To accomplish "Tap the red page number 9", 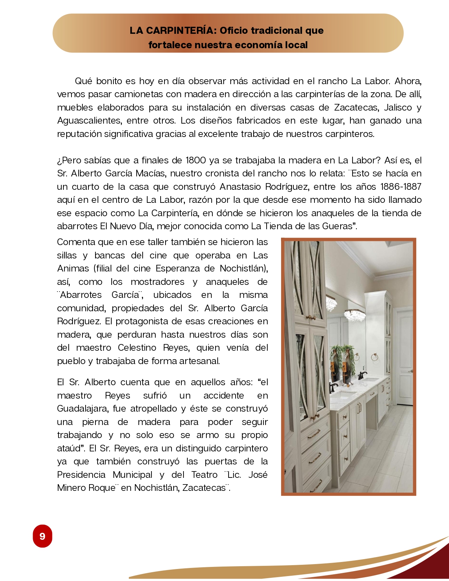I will tap(42, 536).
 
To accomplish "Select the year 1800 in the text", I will tap(195, 161).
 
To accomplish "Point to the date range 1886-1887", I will tap(401, 187).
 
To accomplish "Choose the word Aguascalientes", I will tap(89, 121).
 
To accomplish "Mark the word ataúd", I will tap(69, 449).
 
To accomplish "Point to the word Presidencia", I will tap(81, 475).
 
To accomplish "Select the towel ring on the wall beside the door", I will tap(374, 358).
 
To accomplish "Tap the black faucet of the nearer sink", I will tap(333, 387).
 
